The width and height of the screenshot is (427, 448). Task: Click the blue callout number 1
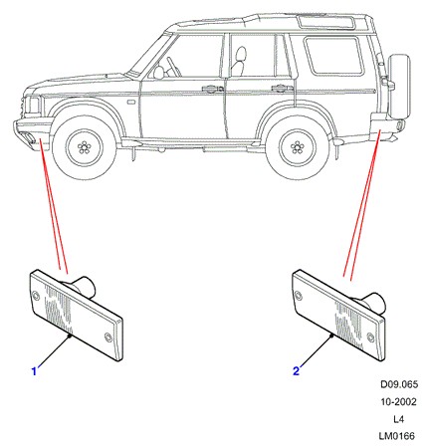[34, 371]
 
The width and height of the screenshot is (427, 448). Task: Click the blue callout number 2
[296, 370]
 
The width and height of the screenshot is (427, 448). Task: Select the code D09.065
[399, 384]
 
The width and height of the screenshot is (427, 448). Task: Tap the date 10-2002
[398, 402]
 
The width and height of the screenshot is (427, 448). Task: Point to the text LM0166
[397, 436]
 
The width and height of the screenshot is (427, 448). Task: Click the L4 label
[398, 419]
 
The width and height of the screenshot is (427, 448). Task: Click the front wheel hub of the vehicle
[85, 147]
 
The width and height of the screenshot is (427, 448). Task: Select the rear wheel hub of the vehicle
[298, 147]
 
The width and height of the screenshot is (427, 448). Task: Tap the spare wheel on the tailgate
[399, 87]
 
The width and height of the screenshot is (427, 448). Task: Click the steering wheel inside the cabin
[174, 67]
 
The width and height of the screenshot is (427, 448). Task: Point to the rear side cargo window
[333, 55]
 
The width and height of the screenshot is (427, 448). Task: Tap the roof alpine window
[326, 22]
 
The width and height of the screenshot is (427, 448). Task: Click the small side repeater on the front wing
[131, 103]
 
